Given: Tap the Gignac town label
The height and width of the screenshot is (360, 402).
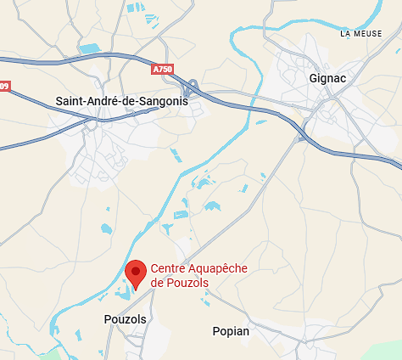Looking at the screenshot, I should [327, 77].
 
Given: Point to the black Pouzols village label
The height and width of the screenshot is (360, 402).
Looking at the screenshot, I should [125, 319].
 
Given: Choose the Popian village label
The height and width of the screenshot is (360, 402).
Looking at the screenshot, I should [231, 331].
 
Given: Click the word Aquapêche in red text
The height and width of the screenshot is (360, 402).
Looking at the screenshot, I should [217, 268].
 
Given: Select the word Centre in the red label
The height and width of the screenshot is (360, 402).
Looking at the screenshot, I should [167, 268].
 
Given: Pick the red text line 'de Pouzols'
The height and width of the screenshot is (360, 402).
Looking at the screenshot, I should [179, 283].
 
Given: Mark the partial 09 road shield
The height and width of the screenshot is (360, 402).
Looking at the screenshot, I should [4, 86].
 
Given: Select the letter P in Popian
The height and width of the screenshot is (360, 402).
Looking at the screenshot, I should [215, 331].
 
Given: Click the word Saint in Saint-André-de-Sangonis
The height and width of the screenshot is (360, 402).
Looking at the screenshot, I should [70, 101].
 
